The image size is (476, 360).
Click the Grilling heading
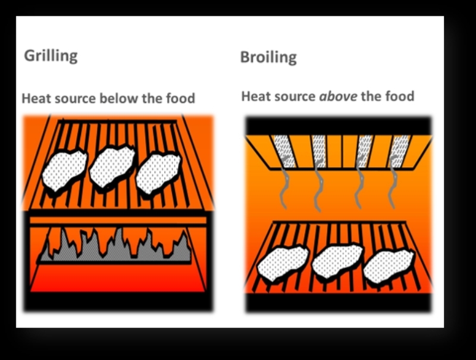51,56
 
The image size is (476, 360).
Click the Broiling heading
268,57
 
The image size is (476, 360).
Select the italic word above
338,96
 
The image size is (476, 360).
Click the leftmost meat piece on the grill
64,171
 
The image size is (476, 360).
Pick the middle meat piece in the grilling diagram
112,167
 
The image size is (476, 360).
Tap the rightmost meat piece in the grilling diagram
158,173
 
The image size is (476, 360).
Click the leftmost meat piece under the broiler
283,264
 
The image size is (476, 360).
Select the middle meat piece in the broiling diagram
337,261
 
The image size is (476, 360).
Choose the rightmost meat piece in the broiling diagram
389,265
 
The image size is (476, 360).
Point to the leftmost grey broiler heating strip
284,151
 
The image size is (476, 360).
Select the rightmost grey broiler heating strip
399,151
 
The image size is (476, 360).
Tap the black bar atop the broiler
338,126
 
